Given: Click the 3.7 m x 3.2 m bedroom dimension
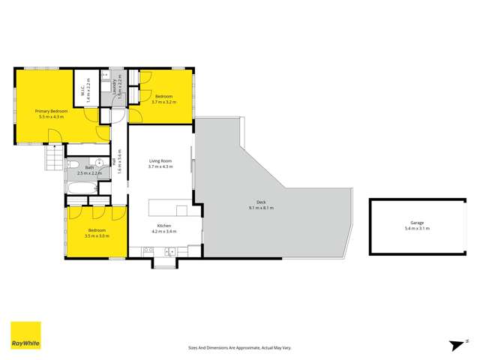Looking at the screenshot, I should click(164, 102).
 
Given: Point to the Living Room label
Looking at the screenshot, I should click(160, 160).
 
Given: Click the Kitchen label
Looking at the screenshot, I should click(165, 226).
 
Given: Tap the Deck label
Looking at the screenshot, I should click(261, 202).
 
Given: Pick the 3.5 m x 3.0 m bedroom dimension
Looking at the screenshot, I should click(97, 235).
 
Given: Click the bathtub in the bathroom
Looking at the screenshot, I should click(81, 184).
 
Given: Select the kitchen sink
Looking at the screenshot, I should click(169, 251).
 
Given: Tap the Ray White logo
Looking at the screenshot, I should click(25, 336).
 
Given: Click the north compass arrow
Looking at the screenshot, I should click(454, 344).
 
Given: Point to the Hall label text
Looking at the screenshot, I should click(114, 161).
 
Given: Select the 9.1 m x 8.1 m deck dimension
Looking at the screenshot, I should click(261, 208).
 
